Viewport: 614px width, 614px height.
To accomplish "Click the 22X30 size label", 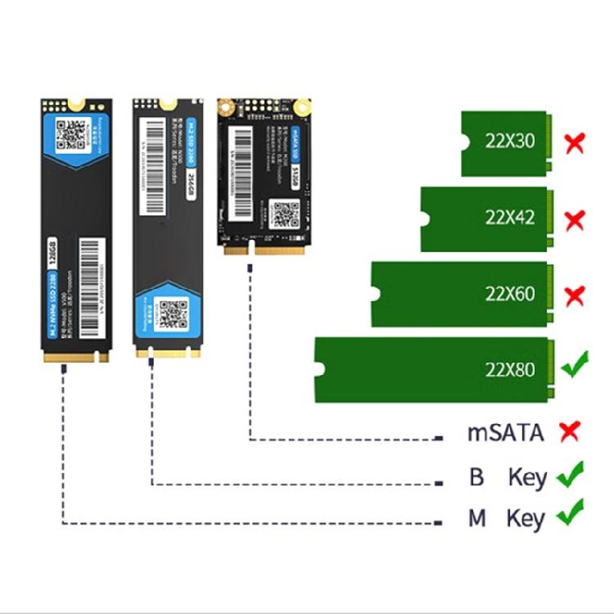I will pyautogui.click(x=509, y=142).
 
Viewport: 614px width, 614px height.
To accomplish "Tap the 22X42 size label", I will pyautogui.click(x=509, y=218).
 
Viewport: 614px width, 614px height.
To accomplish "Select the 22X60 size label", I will pyautogui.click(x=509, y=293).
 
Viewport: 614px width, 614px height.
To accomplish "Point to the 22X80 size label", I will pyautogui.click(x=509, y=369).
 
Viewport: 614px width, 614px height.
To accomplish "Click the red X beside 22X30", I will pyautogui.click(x=576, y=143).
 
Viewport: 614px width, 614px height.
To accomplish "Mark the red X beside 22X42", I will pyautogui.click(x=576, y=219).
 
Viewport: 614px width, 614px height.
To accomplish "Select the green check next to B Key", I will pyautogui.click(x=571, y=474).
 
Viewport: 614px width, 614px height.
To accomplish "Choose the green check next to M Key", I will pyautogui.click(x=571, y=513).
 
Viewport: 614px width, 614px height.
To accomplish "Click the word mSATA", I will pyautogui.click(x=505, y=432).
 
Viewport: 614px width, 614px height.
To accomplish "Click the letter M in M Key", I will pyautogui.click(x=476, y=518).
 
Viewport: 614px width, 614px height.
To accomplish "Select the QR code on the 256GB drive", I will pyautogui.click(x=172, y=314).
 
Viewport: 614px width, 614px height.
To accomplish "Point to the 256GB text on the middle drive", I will pyautogui.click(x=191, y=186).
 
